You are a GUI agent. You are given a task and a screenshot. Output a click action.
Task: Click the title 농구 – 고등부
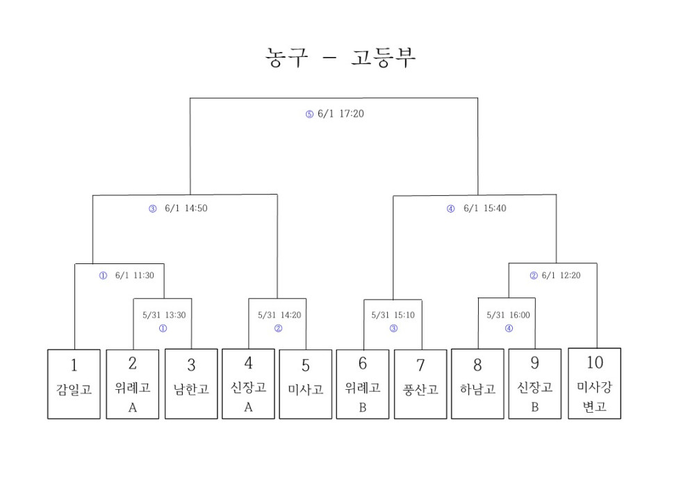click(x=341, y=58)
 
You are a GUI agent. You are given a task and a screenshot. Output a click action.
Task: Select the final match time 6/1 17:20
click(x=341, y=114)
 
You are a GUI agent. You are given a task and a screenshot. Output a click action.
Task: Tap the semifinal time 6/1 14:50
click(x=186, y=208)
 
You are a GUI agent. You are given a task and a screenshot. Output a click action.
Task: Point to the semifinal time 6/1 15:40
click(x=484, y=208)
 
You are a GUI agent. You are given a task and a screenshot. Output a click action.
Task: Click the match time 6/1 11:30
click(x=134, y=275)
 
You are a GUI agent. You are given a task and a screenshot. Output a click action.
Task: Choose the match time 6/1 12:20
click(x=561, y=275)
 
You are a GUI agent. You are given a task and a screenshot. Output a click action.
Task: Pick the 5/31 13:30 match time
click(x=164, y=315)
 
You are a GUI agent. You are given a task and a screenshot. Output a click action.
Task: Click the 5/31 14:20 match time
click(x=279, y=315)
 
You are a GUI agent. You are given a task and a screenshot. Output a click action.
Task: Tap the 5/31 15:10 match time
click(x=393, y=315)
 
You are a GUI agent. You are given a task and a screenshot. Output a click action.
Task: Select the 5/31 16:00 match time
click(x=509, y=315)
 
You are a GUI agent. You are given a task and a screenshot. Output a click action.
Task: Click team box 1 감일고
click(x=74, y=384)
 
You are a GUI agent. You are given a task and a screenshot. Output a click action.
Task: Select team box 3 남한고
click(x=191, y=384)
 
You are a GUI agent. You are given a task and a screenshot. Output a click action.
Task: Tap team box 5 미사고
click(x=305, y=384)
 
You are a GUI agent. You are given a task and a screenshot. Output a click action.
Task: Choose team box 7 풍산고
click(x=420, y=384)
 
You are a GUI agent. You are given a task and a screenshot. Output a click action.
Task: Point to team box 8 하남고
click(x=477, y=384)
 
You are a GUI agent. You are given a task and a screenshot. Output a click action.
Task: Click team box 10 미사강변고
click(x=594, y=384)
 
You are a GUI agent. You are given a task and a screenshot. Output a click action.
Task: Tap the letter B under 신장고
click(x=535, y=407)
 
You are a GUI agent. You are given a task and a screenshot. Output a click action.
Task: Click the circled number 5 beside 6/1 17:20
click(x=309, y=115)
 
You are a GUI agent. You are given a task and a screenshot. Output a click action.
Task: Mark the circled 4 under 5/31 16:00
click(x=509, y=329)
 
